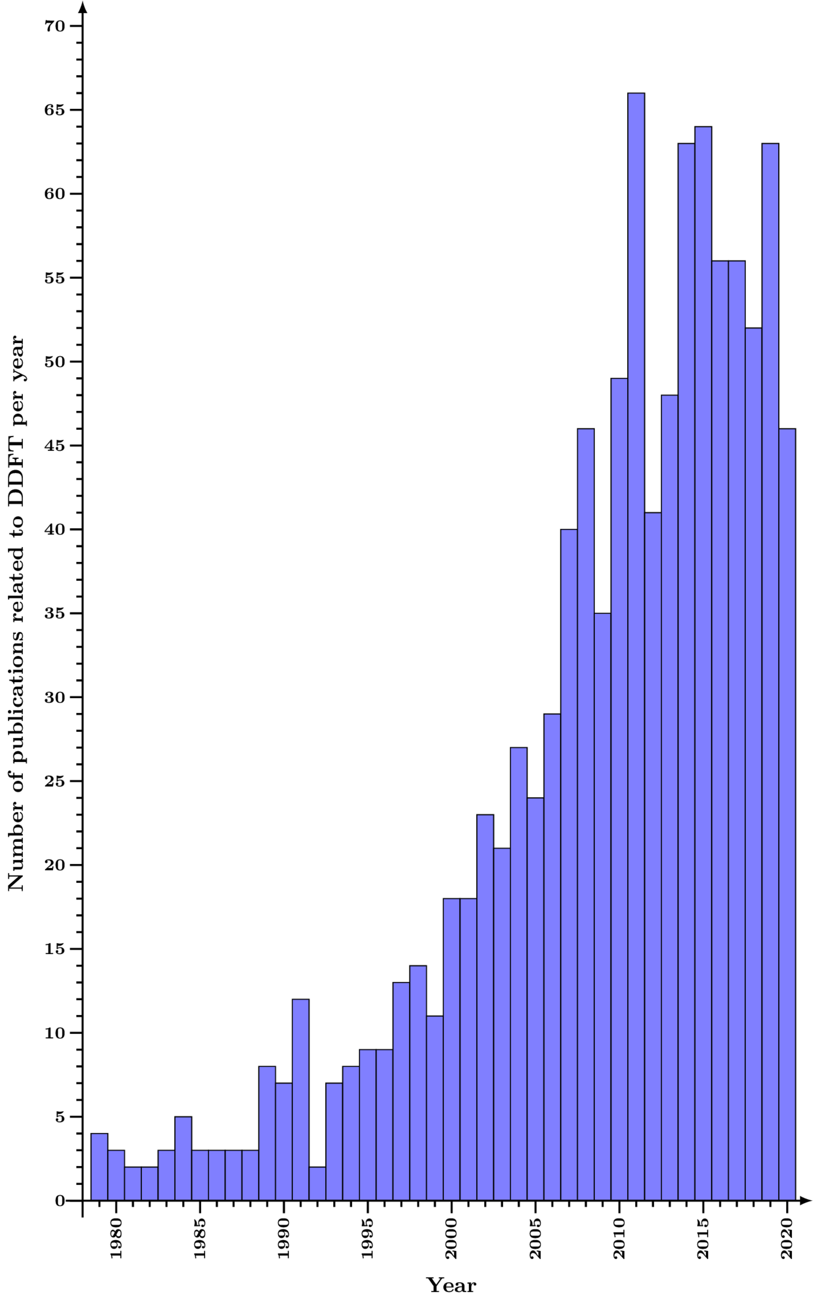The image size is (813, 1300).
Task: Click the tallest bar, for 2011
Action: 636,646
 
